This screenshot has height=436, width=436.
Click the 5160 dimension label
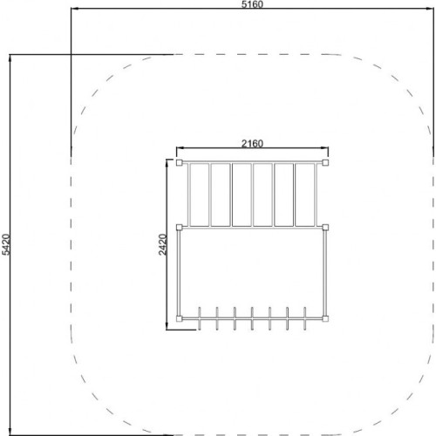click(x=252, y=4)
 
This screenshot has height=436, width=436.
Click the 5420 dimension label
click(x=6, y=244)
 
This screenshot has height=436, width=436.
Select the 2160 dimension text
click(x=252, y=143)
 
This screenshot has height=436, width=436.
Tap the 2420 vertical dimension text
click(x=163, y=244)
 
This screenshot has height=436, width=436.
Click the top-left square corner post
click(x=180, y=162)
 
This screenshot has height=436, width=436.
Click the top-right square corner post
click(x=325, y=162)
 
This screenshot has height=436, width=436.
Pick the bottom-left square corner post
click(x=180, y=319)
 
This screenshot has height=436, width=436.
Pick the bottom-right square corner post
click(x=325, y=319)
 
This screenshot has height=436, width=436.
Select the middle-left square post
click(x=180, y=227)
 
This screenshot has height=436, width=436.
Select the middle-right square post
click(x=325, y=227)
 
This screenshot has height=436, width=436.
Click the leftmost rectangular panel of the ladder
click(x=200, y=194)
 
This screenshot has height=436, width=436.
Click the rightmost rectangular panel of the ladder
click(x=304, y=194)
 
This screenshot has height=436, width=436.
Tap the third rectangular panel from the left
click(x=242, y=194)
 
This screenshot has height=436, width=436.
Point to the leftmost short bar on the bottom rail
click(x=200, y=318)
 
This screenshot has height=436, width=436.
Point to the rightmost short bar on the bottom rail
click(x=304, y=318)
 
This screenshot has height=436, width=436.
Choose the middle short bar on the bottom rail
click(x=252, y=318)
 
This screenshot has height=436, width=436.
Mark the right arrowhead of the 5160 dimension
click(x=430, y=9)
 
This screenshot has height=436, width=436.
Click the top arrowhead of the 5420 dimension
click(x=10, y=58)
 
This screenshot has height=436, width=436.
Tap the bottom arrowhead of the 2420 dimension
click(x=167, y=326)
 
